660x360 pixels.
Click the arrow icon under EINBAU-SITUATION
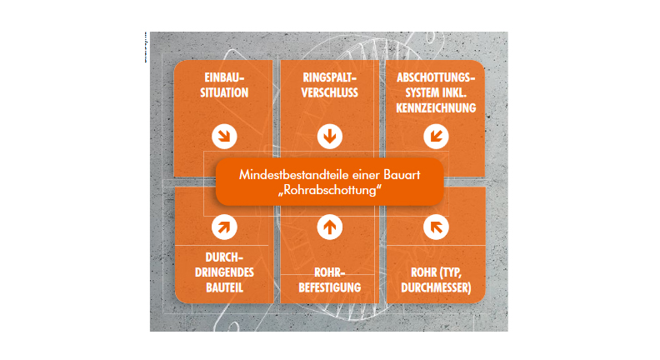coord(224,137)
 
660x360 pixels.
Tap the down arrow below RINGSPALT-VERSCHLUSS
coord(329,137)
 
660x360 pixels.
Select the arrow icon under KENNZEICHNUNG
coord(436,137)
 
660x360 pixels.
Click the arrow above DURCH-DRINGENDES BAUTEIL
coord(224,227)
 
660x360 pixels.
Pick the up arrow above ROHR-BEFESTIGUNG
coord(329,227)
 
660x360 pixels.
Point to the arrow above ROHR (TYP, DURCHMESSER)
coord(436,227)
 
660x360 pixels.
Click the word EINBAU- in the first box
coord(224,77)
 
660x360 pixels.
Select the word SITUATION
coord(224,92)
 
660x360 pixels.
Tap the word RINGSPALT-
coord(329,77)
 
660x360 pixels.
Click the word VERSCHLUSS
coord(329,92)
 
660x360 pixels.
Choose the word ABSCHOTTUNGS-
coord(436,77)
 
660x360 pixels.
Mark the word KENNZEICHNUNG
coord(436,107)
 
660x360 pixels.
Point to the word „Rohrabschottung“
coord(329,190)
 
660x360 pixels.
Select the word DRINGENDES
coord(224,272)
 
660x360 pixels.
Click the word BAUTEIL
coord(224,287)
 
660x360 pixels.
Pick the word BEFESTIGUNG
coord(329,287)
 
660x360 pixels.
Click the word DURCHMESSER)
coord(436,287)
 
